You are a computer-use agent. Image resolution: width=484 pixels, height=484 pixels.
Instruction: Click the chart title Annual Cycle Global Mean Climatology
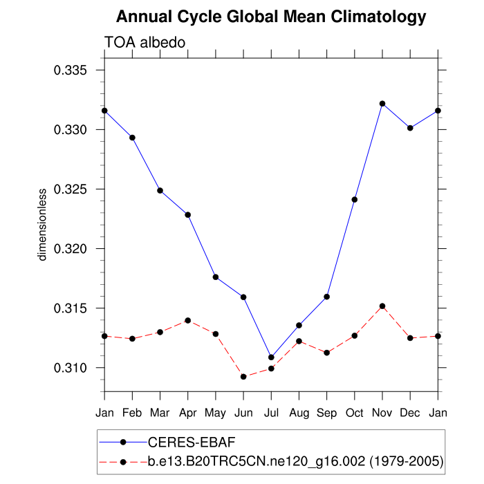click(271, 17)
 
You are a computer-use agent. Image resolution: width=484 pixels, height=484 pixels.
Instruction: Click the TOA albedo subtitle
click(145, 43)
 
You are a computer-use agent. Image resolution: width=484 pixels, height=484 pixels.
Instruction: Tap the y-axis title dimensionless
click(43, 224)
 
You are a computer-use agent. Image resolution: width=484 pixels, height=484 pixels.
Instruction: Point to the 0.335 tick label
click(71, 71)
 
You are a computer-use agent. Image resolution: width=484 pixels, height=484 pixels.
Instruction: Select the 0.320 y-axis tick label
click(71, 248)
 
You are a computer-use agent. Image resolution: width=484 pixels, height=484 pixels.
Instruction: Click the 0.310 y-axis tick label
click(71, 367)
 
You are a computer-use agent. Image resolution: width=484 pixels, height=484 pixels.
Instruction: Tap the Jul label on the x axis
click(271, 413)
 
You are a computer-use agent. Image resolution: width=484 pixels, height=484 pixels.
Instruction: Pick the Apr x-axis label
click(187, 413)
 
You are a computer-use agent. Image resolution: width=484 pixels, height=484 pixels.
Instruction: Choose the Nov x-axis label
click(382, 413)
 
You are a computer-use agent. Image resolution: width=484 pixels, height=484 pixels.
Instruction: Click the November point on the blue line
click(382, 104)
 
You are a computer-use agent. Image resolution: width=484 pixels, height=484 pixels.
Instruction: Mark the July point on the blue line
click(271, 357)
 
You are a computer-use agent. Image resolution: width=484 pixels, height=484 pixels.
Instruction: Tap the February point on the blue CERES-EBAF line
click(132, 138)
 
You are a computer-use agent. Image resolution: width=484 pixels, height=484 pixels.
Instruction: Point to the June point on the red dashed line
click(243, 377)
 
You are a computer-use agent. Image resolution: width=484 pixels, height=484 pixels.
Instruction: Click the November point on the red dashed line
click(382, 306)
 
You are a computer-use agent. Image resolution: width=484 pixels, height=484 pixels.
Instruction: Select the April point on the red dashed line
click(187, 321)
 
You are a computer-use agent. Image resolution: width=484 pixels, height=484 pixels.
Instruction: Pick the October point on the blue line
click(354, 199)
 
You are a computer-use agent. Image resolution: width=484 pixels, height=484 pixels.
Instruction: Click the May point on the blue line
click(216, 277)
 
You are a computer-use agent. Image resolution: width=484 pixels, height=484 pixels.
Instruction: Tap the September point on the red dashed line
click(326, 353)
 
